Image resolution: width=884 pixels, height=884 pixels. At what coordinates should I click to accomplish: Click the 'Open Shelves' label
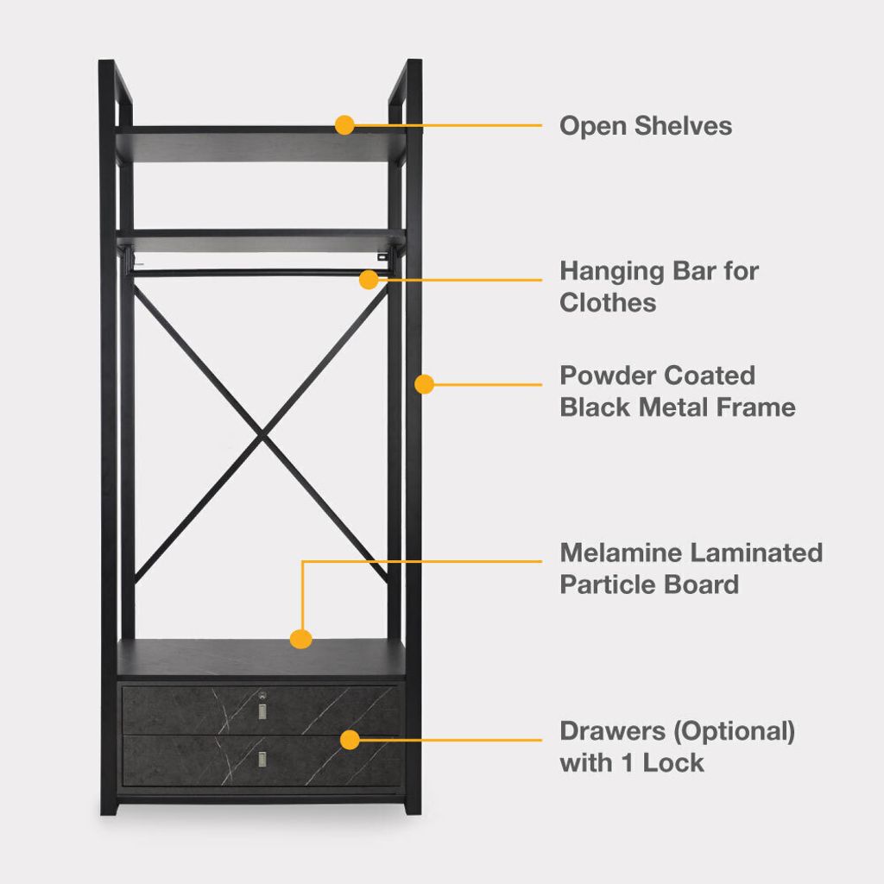646,126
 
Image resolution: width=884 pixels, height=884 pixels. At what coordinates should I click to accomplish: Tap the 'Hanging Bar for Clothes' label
659,287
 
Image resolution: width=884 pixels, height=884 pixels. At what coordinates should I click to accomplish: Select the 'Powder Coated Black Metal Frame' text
677,391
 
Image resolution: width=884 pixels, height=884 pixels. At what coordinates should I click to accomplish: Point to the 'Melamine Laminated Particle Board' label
691,568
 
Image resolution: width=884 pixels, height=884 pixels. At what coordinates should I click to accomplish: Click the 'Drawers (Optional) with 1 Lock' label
677,747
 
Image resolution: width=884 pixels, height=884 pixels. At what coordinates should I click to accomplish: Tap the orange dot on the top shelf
344,125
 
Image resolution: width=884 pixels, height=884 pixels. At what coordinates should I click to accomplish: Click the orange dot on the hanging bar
369,280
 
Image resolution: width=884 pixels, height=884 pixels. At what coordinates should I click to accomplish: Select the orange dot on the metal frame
424,384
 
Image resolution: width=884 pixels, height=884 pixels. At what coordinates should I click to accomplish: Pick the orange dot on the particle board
300,640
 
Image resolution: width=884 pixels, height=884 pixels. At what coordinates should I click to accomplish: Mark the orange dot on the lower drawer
350,740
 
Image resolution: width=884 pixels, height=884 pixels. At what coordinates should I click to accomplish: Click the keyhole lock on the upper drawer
262,695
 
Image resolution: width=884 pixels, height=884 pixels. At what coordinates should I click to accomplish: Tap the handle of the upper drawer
262,710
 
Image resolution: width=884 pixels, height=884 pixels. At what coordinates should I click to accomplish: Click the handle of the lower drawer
262,759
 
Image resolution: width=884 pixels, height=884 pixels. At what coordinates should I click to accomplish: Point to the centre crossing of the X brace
262,434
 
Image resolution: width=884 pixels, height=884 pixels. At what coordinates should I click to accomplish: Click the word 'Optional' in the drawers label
736,732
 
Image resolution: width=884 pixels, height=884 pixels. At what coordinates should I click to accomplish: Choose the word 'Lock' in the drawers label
672,763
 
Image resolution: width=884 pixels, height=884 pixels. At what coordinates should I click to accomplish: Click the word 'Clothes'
608,303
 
